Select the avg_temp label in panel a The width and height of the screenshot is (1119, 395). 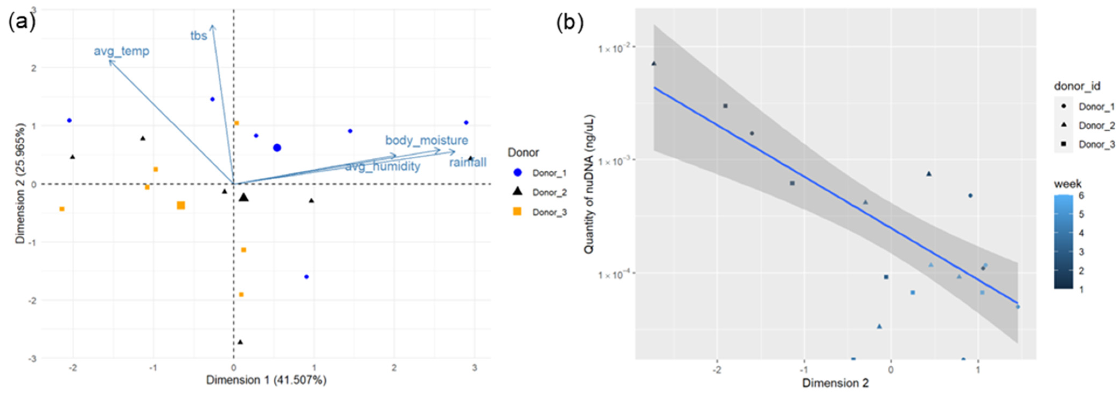point(122,51)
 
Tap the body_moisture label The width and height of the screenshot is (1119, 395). point(427,140)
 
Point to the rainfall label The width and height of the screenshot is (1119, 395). point(468,163)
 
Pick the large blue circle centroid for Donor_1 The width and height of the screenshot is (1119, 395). point(277,148)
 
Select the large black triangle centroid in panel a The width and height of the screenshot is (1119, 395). point(244,198)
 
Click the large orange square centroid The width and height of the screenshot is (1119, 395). point(181,205)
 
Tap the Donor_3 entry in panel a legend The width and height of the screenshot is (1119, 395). point(549,212)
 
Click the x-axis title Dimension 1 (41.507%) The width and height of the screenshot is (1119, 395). point(266,380)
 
